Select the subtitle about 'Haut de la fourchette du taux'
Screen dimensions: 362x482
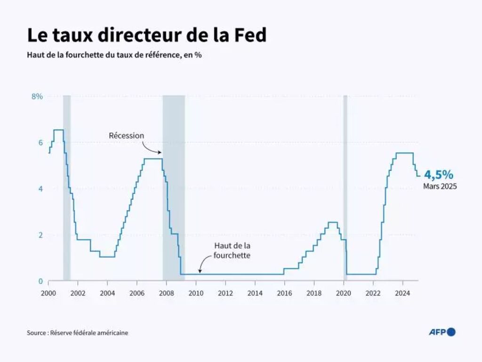[x=114, y=55]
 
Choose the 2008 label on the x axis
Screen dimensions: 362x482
[x=166, y=293]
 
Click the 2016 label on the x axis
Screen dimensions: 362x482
[x=284, y=293]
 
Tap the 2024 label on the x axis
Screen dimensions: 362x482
[x=402, y=293]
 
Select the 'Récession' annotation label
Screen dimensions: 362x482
[x=127, y=136]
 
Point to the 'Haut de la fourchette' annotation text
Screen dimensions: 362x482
[x=232, y=250]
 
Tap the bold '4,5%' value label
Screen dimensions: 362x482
[x=440, y=175]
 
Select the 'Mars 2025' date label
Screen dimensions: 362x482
[x=440, y=186]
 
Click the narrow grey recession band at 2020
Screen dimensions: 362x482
[x=345, y=188]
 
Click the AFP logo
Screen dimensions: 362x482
[x=442, y=332]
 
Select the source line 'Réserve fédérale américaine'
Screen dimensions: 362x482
[x=77, y=333]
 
